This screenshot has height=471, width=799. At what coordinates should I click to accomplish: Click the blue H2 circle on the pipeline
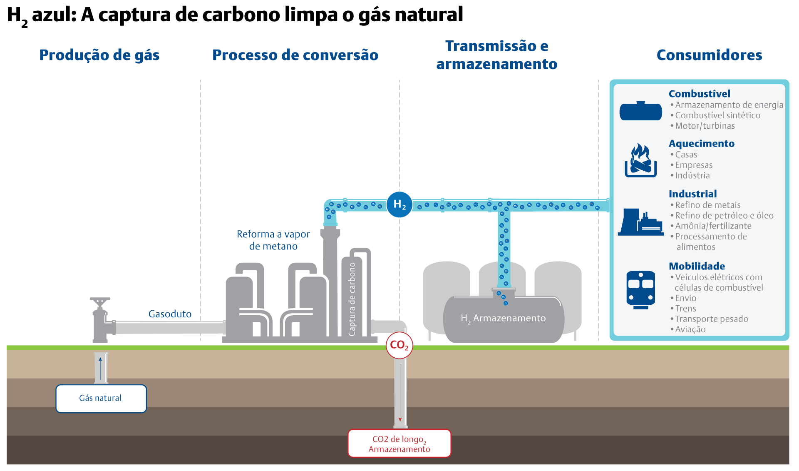pyautogui.click(x=399, y=204)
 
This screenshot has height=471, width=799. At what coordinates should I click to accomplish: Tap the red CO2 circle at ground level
pyautogui.click(x=399, y=345)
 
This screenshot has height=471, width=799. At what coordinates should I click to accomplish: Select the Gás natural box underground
pyautogui.click(x=101, y=399)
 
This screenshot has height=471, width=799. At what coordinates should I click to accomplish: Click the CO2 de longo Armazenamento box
pyautogui.click(x=399, y=444)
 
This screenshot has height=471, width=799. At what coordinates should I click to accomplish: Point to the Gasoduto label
pyautogui.click(x=170, y=314)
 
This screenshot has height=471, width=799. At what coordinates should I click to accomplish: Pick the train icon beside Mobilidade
pyautogui.click(x=640, y=289)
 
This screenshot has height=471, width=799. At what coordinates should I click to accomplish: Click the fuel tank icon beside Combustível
pyautogui.click(x=640, y=111)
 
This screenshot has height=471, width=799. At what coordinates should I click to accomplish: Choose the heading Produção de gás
pyautogui.click(x=99, y=55)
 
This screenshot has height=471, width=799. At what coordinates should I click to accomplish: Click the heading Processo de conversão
pyautogui.click(x=295, y=55)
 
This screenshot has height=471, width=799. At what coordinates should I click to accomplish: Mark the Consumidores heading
pyautogui.click(x=709, y=55)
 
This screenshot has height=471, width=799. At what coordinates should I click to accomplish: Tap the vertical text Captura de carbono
pyautogui.click(x=352, y=299)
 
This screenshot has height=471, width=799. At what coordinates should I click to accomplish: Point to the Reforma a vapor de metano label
pyautogui.click(x=273, y=240)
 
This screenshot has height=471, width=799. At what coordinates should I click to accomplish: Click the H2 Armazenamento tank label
pyautogui.click(x=503, y=319)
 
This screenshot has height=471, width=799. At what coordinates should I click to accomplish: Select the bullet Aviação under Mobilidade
pyautogui.click(x=690, y=329)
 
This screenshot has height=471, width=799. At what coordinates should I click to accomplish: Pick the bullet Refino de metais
pyautogui.click(x=707, y=205)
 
